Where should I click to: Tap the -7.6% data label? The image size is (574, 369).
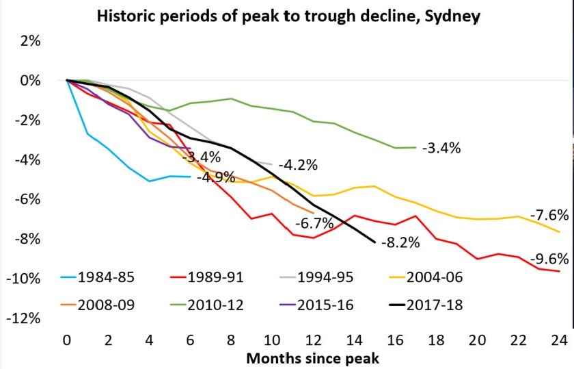548,215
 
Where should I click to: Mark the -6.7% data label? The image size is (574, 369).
314,223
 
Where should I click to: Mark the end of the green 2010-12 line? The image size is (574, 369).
415,147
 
